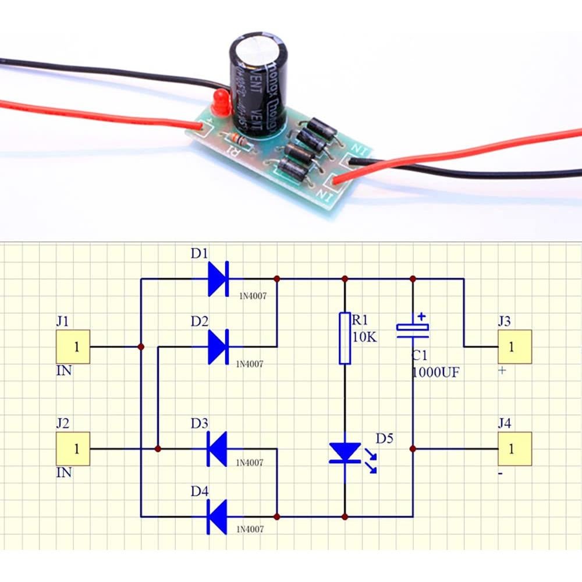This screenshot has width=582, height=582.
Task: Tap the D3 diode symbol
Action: [217, 449]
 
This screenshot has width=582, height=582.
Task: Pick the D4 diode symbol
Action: [217, 516]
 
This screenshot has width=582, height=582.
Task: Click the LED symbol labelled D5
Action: [345, 453]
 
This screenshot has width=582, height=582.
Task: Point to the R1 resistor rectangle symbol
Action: [345, 338]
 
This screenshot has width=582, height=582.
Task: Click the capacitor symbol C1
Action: [413, 329]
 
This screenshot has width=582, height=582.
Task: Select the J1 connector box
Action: [73, 347]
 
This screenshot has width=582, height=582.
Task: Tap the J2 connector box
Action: [73, 449]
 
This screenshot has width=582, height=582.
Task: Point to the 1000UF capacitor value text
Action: [435, 372]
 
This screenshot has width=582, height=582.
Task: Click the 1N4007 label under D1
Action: [251, 296]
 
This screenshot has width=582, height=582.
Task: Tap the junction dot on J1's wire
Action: [141, 347]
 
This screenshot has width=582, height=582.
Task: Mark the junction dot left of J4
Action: [413, 449]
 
